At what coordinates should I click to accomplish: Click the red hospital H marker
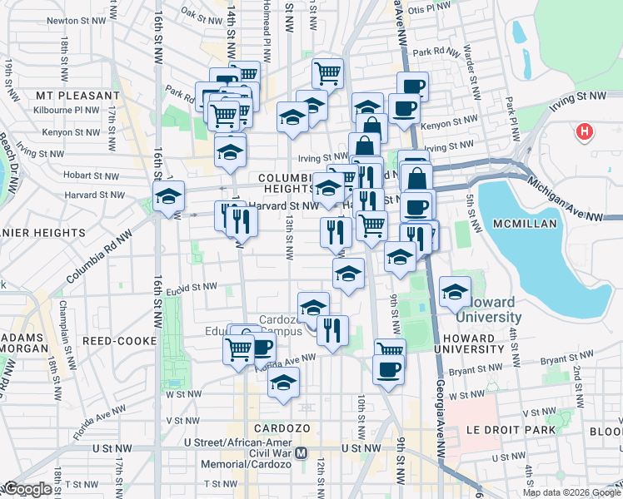pyautogui.click(x=585, y=131)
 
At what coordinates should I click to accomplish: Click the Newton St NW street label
pyautogui.click(x=74, y=20)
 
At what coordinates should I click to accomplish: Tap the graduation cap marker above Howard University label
pyautogui.click(x=455, y=292)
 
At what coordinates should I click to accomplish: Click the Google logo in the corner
pyautogui.click(x=27, y=489)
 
